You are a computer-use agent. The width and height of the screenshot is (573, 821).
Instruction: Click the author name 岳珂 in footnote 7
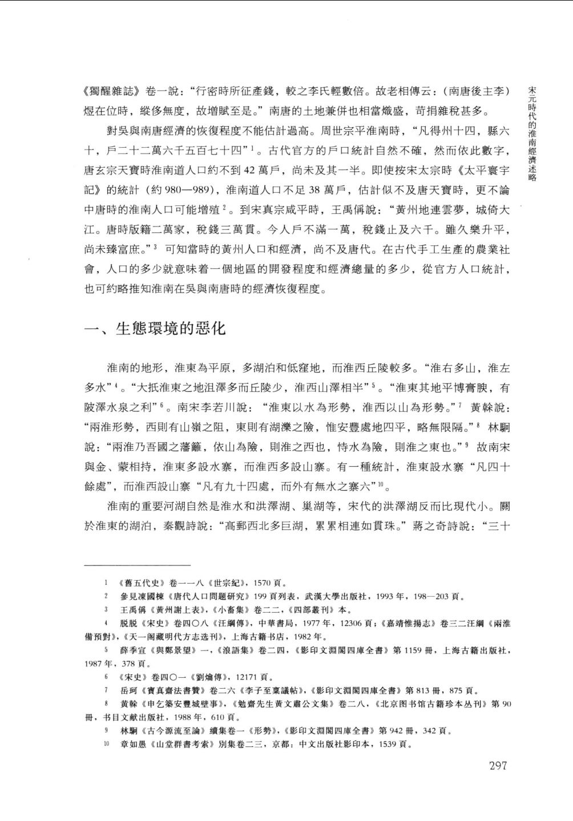[x=128, y=690]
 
